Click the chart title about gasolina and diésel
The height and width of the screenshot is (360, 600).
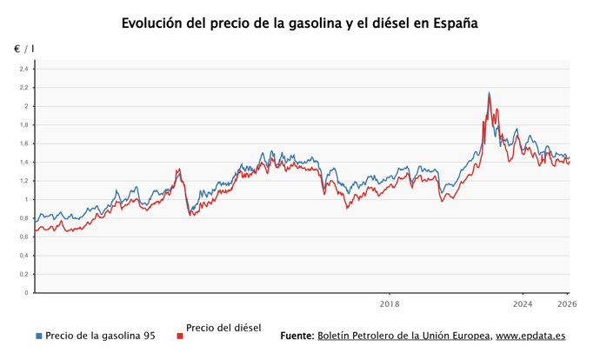300,23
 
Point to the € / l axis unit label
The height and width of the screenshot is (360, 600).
23,50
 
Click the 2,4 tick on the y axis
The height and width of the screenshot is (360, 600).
23,69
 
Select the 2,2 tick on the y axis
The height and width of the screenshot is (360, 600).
23,88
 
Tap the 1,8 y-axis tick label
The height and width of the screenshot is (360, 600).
23,125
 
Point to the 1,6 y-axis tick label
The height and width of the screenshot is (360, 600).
23,143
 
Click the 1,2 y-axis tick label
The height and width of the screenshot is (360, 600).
23,181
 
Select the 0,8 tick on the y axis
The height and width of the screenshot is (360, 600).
23,218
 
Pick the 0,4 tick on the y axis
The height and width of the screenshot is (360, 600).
23,256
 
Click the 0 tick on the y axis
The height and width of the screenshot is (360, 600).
26,293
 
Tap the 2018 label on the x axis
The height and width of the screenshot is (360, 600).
390,304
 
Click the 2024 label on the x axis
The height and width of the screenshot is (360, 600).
523,304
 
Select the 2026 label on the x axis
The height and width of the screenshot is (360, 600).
566,304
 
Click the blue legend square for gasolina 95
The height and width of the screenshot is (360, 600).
39,336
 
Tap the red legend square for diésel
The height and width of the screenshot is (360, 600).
179,336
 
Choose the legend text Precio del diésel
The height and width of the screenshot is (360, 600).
223,328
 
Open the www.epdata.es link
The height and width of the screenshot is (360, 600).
530,336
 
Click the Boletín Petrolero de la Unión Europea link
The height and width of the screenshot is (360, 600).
403,336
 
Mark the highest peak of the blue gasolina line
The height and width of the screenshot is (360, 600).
489,92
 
